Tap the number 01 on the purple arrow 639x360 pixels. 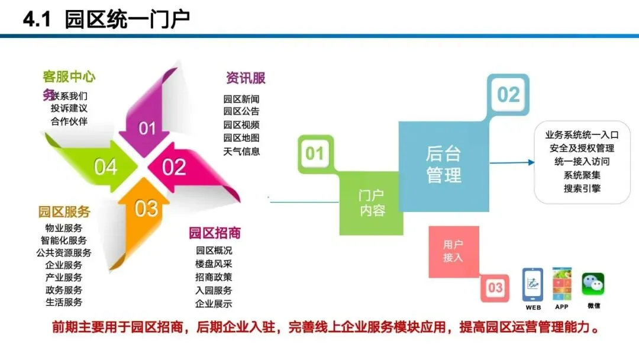point(147,128)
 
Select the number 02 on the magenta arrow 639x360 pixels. point(174,168)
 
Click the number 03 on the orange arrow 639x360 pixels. point(146,208)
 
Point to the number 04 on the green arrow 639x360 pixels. point(105,168)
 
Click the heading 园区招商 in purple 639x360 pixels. point(215,233)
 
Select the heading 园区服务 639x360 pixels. point(64,212)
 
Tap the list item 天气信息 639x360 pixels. point(241,151)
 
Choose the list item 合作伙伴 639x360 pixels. point(69,121)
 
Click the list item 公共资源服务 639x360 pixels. point(64,253)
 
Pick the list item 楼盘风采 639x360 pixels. point(214,263)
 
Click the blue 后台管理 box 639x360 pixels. point(443,165)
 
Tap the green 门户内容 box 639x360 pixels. point(372,202)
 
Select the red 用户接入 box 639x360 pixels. point(453,251)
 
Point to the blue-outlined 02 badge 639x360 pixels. point(508,95)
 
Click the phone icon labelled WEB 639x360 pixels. point(532,285)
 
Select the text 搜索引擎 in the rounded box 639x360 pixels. point(582,188)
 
